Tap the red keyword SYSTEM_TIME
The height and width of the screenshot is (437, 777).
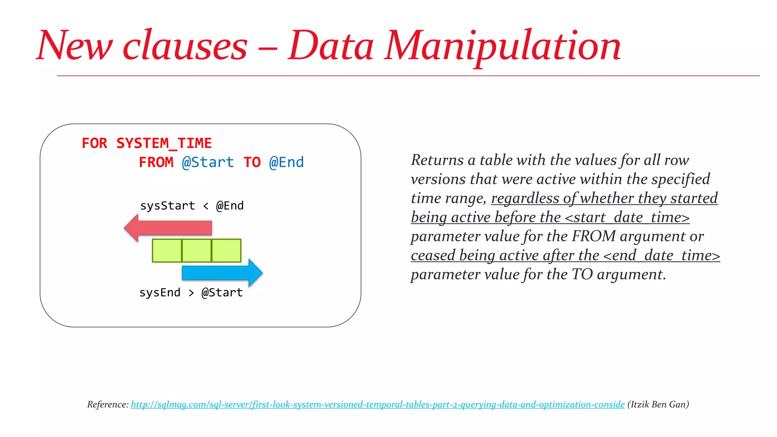click(164, 143)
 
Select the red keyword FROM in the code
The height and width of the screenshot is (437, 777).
click(156, 162)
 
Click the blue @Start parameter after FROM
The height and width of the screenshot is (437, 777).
click(208, 162)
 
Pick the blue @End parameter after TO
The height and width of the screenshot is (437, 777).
click(286, 162)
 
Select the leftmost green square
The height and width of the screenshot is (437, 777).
click(167, 250)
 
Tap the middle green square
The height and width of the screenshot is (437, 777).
click(197, 250)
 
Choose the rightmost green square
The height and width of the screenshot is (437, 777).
click(226, 250)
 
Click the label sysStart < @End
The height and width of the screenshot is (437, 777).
click(192, 206)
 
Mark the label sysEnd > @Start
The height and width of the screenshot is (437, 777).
click(191, 292)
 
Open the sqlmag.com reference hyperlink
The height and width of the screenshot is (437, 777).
click(377, 404)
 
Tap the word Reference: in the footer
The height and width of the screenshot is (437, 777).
click(108, 404)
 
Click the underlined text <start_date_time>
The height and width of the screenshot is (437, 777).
click(627, 217)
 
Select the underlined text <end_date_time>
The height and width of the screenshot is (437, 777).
click(661, 255)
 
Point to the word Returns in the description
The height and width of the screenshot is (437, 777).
click(437, 160)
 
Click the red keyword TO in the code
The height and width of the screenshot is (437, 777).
click(252, 162)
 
